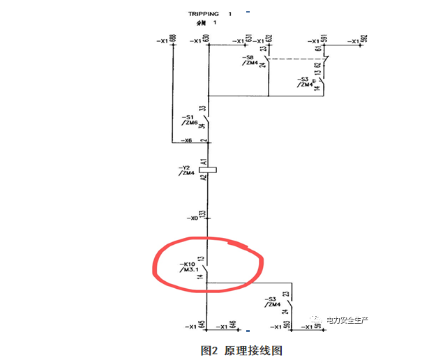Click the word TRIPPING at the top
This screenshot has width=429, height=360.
coord(204,13)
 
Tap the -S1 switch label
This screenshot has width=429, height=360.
coord(186,117)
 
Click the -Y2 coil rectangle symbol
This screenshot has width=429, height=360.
coord(206,169)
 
